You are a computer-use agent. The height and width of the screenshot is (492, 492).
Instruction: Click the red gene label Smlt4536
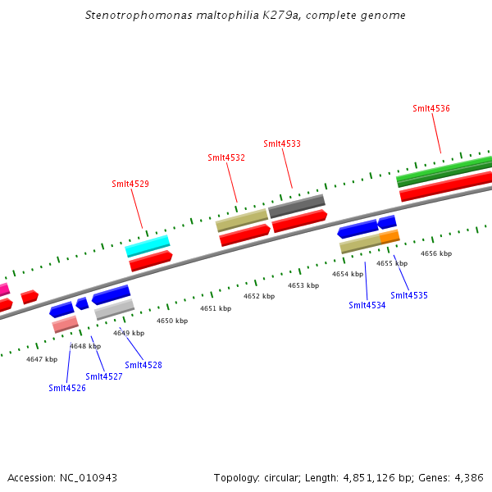pyautogui.click(x=430, y=108)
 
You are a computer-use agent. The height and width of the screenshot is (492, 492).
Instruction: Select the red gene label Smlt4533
pyautogui.click(x=281, y=143)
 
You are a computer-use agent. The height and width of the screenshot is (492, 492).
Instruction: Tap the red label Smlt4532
pyautogui.click(x=225, y=157)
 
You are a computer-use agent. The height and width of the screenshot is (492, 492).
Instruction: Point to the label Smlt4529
pyautogui.click(x=130, y=184)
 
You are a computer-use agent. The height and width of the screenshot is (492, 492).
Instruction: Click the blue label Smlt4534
pyautogui.click(x=367, y=305)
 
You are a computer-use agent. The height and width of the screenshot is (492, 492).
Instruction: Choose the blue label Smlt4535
pyautogui.click(x=408, y=295)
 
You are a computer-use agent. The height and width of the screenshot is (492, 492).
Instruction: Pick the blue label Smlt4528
pyautogui.click(x=143, y=365)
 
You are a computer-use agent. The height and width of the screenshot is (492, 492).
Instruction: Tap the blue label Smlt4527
pyautogui.click(x=103, y=376)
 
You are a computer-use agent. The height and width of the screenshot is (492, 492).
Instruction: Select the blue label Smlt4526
pyautogui.click(x=66, y=388)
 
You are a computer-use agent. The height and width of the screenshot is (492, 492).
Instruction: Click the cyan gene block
pyautogui.click(x=148, y=245)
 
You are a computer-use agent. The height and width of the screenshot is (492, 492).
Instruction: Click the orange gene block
pyautogui.click(x=389, y=236)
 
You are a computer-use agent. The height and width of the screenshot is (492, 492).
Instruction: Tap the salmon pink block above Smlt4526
pyautogui.click(x=65, y=324)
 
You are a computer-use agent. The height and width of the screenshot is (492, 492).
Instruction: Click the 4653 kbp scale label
pyautogui.click(x=303, y=285)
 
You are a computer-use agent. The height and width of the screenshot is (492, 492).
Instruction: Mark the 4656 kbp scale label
pyautogui.click(x=435, y=253)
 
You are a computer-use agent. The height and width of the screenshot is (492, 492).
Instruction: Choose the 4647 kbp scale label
pyautogui.click(x=41, y=359)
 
